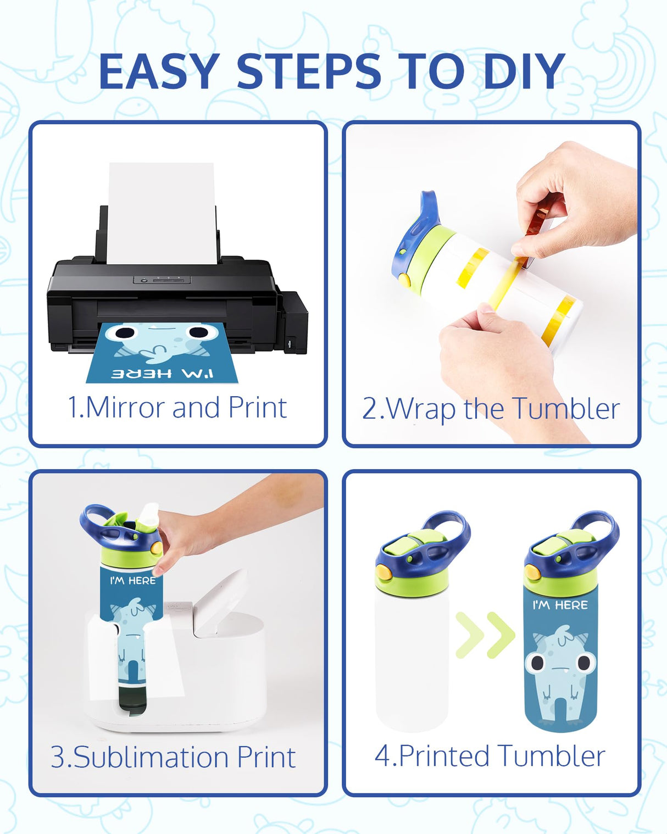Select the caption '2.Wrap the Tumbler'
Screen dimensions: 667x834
tap(491, 409)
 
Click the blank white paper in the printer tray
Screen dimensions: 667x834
tap(162, 213)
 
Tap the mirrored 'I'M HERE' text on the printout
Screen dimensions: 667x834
tap(163, 374)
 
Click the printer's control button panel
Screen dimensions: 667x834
tap(162, 280)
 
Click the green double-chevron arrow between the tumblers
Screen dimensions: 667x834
tap(485, 635)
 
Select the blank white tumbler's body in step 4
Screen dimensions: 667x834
tap(413, 659)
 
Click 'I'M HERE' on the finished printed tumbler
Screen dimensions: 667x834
tap(560, 605)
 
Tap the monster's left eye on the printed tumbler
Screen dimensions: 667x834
tap(537, 663)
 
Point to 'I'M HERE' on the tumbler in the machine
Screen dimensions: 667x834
tap(132, 580)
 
